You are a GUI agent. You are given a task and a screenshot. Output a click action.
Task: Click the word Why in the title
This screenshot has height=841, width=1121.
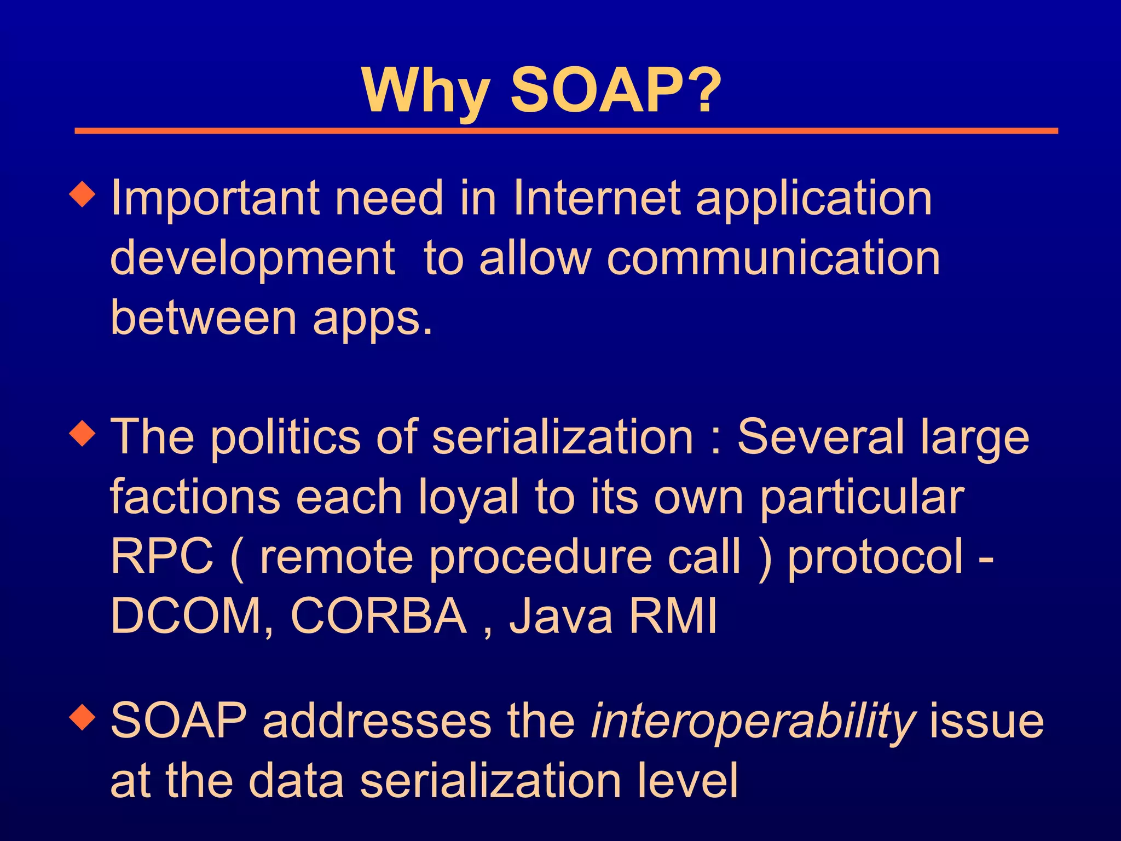tap(426, 91)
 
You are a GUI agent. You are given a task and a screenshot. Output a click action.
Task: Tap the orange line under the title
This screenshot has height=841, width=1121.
tap(566, 131)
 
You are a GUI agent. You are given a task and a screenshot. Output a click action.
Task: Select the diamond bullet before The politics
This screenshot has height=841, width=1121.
tap(83, 434)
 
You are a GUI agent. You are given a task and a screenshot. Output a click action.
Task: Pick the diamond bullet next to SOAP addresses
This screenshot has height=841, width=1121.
tap(83, 717)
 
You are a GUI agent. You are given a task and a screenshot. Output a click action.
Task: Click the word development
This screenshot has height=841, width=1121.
tap(252, 260)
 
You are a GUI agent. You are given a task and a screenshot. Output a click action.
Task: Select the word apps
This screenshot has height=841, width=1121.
tap(372, 320)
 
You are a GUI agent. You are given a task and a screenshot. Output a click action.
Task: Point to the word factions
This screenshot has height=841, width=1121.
tap(195, 497)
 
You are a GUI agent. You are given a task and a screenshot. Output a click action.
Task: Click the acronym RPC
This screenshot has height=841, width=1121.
tap(162, 557)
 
